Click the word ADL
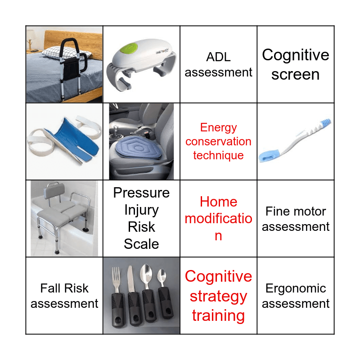(x=218, y=57)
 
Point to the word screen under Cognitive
(x=296, y=75)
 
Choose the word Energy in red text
(x=218, y=128)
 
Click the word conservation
(x=218, y=141)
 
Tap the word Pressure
(x=141, y=193)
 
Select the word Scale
(x=141, y=244)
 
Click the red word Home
(x=218, y=202)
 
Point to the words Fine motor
(x=296, y=211)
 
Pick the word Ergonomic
(x=296, y=288)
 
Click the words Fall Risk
(x=64, y=288)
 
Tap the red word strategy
(x=218, y=297)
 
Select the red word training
(x=218, y=316)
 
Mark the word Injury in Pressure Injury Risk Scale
(x=141, y=210)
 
